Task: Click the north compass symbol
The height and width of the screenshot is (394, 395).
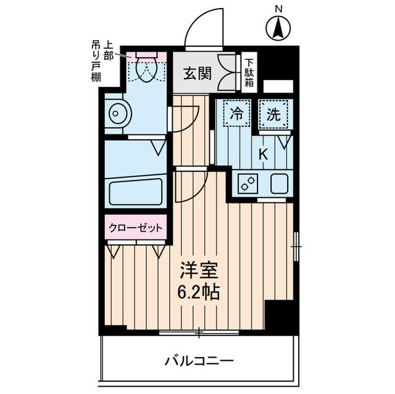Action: pyautogui.click(x=278, y=28)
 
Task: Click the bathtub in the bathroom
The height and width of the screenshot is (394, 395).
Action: pyautogui.click(x=135, y=192)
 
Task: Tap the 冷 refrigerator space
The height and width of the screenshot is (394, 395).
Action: pyautogui.click(x=236, y=114)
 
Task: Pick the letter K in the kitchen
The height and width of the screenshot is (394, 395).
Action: pyautogui.click(x=262, y=154)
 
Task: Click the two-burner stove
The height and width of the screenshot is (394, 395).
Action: pyautogui.click(x=247, y=183)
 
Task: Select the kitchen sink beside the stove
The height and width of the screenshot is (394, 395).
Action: pyautogui.click(x=278, y=183)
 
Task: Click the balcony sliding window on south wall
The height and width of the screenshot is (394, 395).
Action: pyautogui.click(x=199, y=334)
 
